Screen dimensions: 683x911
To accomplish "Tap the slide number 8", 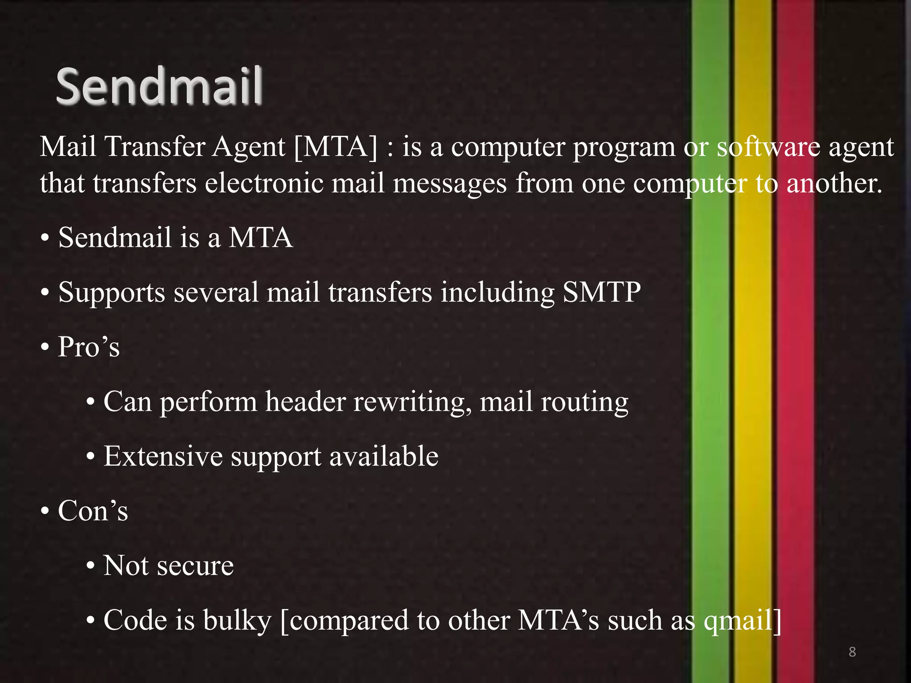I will [x=852, y=652].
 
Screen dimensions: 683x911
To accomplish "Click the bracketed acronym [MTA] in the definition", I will [x=335, y=147].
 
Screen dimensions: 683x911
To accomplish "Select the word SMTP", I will [x=601, y=292].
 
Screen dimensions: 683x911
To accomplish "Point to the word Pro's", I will [x=89, y=347].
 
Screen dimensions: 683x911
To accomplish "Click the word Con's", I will [x=93, y=511].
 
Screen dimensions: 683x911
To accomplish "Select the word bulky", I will [x=237, y=620].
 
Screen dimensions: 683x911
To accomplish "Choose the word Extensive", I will [x=163, y=456].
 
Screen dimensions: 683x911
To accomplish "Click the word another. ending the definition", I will [x=834, y=183].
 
